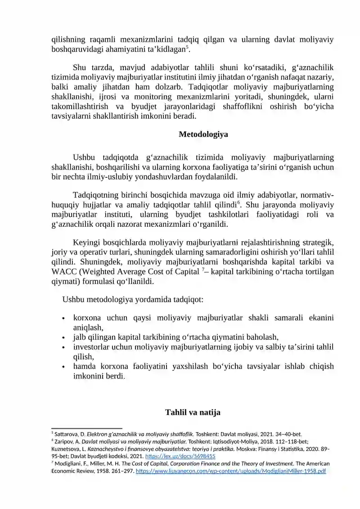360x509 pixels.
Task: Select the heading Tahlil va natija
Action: (x=193, y=412)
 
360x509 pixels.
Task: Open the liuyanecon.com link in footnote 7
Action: (x=231, y=471)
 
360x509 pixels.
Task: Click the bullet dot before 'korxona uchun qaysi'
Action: (x=63, y=319)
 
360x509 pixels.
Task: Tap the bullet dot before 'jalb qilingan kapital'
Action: (x=63, y=338)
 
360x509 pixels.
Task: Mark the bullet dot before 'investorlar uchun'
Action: (x=63, y=347)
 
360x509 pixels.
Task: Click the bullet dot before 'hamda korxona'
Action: (x=63, y=367)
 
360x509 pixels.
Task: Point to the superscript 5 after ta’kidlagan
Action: (x=187, y=47)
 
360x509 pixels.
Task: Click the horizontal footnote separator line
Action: (x=87, y=428)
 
